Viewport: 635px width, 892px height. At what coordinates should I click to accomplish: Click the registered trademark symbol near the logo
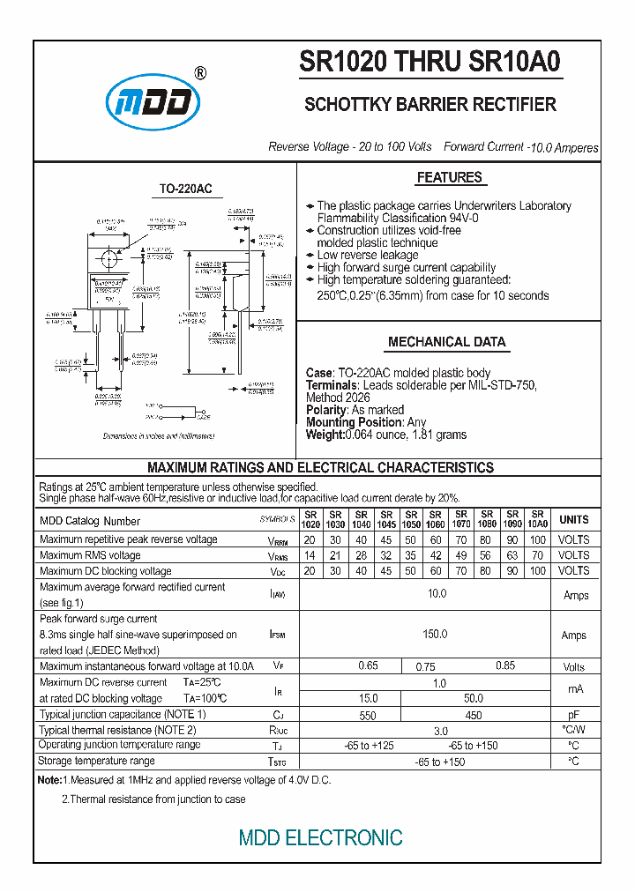pos(200,74)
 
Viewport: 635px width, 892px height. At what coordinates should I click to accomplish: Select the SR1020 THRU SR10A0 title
pos(430,63)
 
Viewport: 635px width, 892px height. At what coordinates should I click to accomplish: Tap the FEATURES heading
pos(449,178)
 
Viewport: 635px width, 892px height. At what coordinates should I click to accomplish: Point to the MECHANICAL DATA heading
pos(447,342)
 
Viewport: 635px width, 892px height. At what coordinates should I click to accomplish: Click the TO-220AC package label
pos(185,190)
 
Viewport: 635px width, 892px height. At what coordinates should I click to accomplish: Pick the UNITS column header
pos(574,520)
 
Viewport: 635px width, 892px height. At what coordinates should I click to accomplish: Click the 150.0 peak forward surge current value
pos(436,635)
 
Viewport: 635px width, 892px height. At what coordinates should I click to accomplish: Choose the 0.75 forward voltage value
pos(425,667)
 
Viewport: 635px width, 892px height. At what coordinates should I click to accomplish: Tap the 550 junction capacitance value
pos(368,716)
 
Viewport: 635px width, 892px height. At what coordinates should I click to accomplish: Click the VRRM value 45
pos(385,539)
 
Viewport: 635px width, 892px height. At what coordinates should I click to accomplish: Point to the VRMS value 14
pos(310,555)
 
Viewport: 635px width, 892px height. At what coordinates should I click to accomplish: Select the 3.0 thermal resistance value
pos(441,731)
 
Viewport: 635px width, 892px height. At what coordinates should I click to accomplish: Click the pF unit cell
pos(574,716)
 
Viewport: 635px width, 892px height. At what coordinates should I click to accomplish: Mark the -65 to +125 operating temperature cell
pos(370,746)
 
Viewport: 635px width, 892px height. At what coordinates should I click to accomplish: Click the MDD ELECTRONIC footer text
pos(321,837)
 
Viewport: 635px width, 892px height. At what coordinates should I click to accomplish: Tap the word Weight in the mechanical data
pos(324,435)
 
